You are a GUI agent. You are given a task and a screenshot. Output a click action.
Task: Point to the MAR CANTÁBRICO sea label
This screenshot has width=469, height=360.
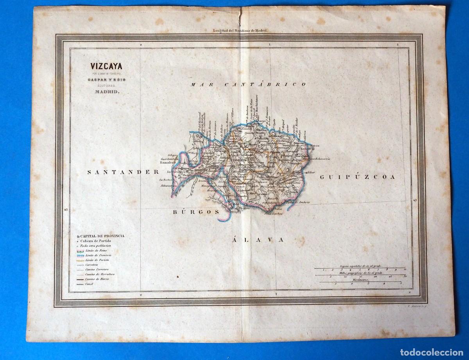[x=248, y=84]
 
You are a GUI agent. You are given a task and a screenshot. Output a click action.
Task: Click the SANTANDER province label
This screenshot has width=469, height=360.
[x=123, y=171]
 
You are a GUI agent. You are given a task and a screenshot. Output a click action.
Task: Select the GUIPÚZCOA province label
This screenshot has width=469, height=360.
[x=358, y=177]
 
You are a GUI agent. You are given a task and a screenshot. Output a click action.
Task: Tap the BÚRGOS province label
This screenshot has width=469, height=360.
[x=195, y=212]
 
